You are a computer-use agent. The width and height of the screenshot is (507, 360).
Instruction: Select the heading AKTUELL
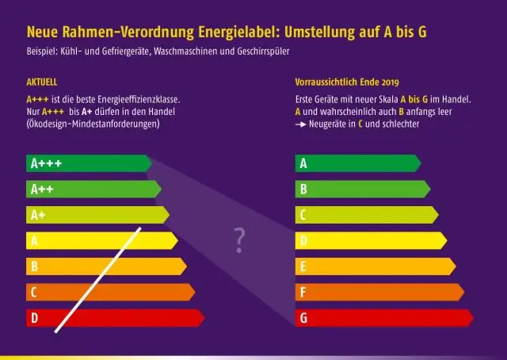tap(41, 82)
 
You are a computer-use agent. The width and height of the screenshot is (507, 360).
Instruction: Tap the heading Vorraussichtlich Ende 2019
tap(346, 82)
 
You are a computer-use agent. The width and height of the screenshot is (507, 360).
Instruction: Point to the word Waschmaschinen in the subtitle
tap(211, 53)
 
